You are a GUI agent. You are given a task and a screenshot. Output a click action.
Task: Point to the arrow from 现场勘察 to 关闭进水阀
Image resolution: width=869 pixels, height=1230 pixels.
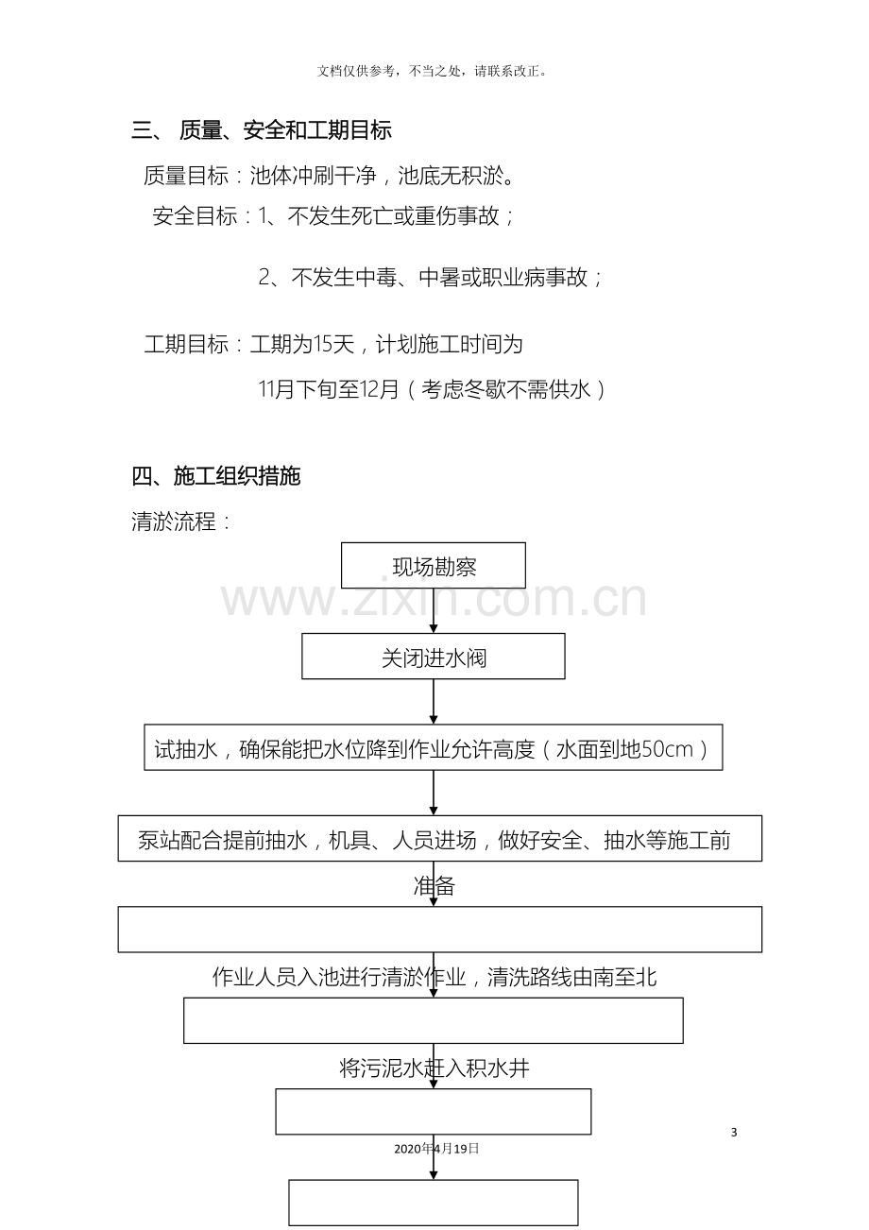coord(434,610)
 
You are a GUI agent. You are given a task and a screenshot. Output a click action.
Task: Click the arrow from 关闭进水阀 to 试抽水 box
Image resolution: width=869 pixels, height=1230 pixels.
coord(434,702)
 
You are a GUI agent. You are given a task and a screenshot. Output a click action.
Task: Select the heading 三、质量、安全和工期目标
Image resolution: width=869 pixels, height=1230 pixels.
coord(262,130)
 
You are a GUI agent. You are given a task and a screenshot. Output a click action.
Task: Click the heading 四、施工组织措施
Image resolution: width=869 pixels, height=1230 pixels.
coord(215,475)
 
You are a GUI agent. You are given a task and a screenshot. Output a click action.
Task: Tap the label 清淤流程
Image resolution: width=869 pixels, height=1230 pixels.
coord(180,521)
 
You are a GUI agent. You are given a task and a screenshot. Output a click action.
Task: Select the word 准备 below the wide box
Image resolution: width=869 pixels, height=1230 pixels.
coord(434,886)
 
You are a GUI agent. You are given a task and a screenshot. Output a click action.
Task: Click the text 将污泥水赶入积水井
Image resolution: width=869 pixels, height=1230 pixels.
coord(434,1068)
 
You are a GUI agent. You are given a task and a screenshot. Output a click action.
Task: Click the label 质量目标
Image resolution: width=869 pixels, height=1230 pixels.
coord(185,176)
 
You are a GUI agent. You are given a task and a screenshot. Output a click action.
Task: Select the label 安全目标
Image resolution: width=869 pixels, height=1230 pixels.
coord(195,215)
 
